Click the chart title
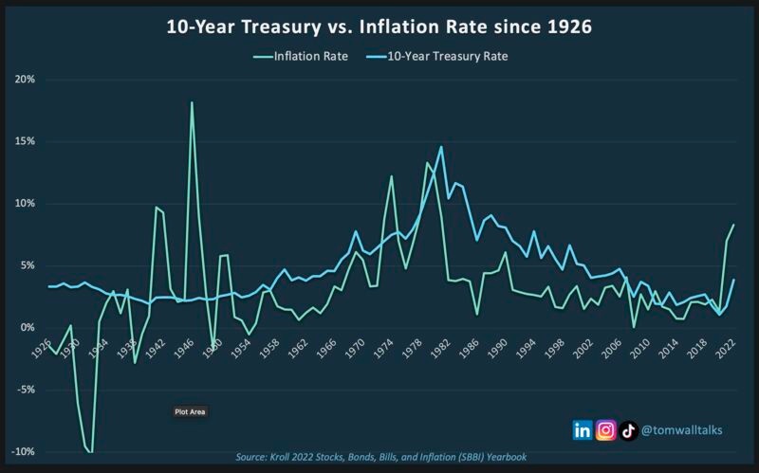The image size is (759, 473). tap(379, 27)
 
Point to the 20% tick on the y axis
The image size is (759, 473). tap(25, 80)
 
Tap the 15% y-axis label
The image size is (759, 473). tap(25, 141)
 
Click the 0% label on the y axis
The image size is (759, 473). tap(28, 328)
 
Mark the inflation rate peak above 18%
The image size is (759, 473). tap(192, 102)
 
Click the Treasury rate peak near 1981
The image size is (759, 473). tap(441, 147)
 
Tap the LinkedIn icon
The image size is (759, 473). tap(583, 429)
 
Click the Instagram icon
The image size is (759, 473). tap(606, 429)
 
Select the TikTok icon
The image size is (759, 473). tap(628, 429)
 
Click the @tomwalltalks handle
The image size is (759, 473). tap(682, 429)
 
